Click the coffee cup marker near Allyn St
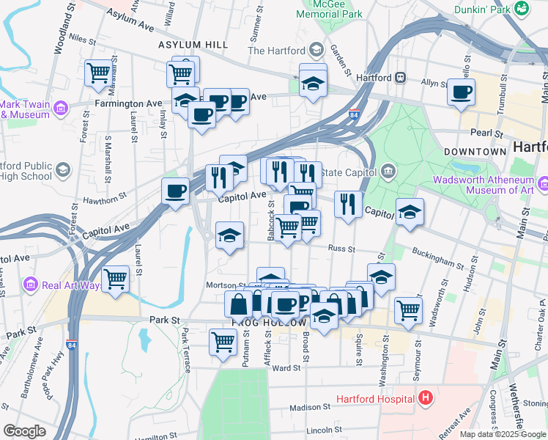tap(461, 92)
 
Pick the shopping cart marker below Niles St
tap(97, 73)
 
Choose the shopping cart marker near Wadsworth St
tap(408, 309)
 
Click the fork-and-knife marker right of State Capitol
tap(347, 203)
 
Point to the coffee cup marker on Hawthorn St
tap(175, 192)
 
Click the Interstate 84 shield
tap(355, 115)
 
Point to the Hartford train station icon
tap(401, 77)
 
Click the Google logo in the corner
tap(24, 431)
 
